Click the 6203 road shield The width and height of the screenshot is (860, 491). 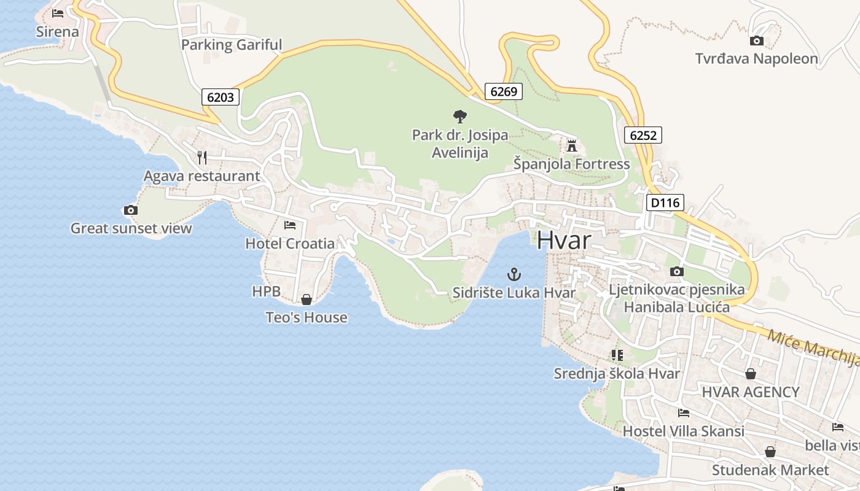220,97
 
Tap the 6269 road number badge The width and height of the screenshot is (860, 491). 503,92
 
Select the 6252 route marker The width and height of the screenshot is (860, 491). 643,135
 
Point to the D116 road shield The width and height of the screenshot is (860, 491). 665,203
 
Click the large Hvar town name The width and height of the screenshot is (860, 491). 564,240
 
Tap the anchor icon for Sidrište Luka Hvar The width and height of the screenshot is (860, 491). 514,274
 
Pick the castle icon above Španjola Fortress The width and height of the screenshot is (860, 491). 572,145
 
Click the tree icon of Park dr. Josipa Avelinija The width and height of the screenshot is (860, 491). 459,116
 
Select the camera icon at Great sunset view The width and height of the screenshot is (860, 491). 130,211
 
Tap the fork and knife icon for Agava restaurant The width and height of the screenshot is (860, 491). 202,158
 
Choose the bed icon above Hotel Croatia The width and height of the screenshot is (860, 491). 290,225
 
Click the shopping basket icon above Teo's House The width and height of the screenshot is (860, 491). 306,300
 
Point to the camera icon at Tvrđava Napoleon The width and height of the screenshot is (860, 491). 757,41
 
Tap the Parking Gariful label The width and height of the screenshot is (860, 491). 232,45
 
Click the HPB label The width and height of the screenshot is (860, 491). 266,292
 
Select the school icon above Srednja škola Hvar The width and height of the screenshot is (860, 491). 617,355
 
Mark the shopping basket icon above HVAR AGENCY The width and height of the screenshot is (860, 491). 750,374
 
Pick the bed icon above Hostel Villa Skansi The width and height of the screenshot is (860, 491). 683,413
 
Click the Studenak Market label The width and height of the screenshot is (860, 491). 770,470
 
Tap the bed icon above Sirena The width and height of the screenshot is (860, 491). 58,13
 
